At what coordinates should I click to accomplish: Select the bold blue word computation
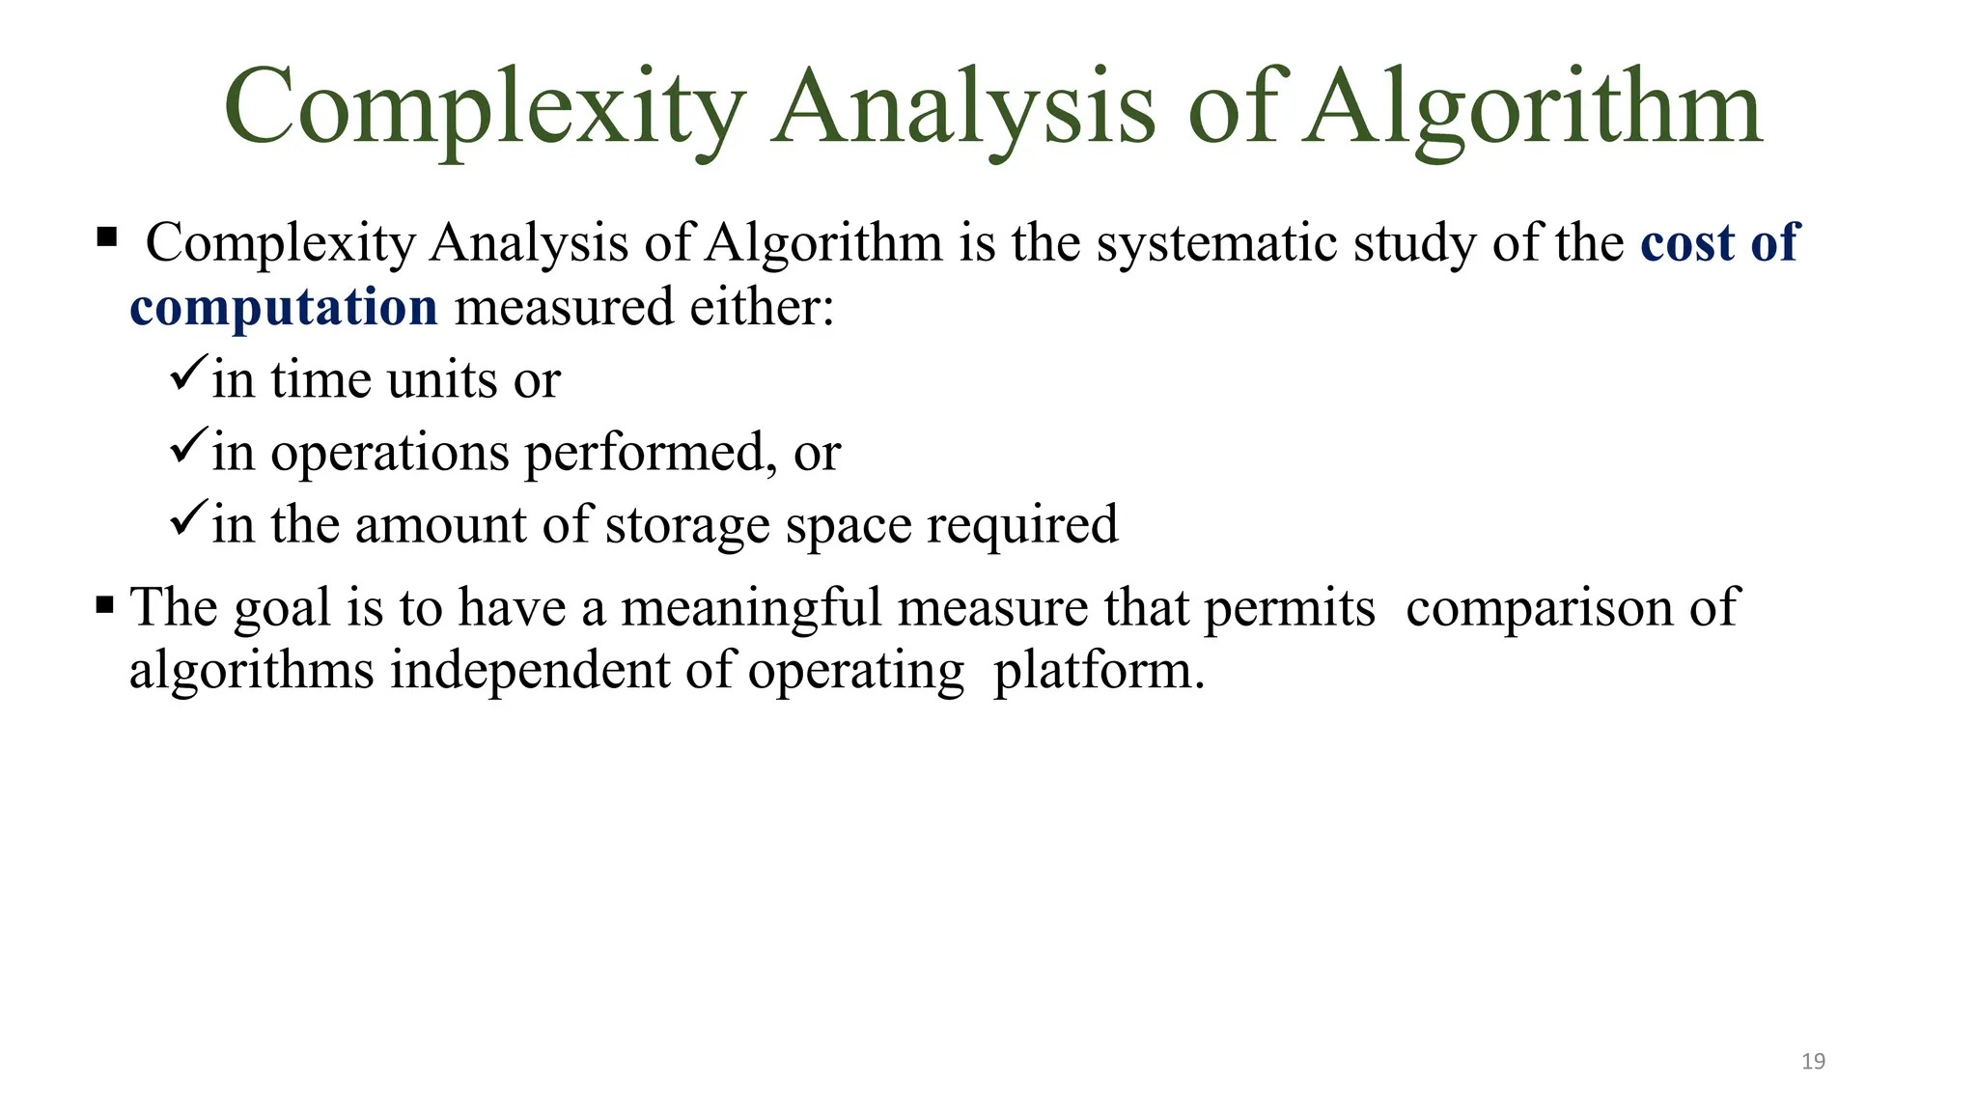[x=284, y=307]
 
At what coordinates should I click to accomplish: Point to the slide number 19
[x=1813, y=1062]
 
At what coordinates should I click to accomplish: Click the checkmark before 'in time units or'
[x=187, y=373]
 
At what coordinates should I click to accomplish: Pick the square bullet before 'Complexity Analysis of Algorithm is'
[x=106, y=236]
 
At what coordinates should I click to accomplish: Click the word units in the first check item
[x=442, y=379]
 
